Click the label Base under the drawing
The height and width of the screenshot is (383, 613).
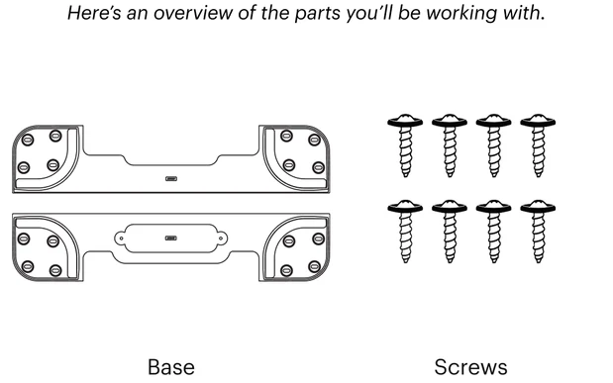point(171,367)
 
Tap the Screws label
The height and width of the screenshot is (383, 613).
point(470,367)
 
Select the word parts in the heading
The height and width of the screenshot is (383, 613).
point(317,14)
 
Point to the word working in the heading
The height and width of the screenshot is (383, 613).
point(461,14)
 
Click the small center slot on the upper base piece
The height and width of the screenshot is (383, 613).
point(171,178)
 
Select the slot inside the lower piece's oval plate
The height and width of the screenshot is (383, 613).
point(171,238)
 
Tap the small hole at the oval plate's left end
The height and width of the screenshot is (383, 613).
point(121,238)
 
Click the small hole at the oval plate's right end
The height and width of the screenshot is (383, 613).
point(221,238)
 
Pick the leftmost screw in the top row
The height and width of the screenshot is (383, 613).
point(405,145)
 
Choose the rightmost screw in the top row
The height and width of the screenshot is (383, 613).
point(538,145)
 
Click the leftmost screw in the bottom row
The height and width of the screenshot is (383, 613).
point(405,232)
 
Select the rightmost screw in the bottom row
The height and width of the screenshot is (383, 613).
point(538,232)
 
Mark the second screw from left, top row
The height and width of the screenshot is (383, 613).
point(450,145)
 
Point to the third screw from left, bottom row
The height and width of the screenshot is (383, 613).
point(494,232)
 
